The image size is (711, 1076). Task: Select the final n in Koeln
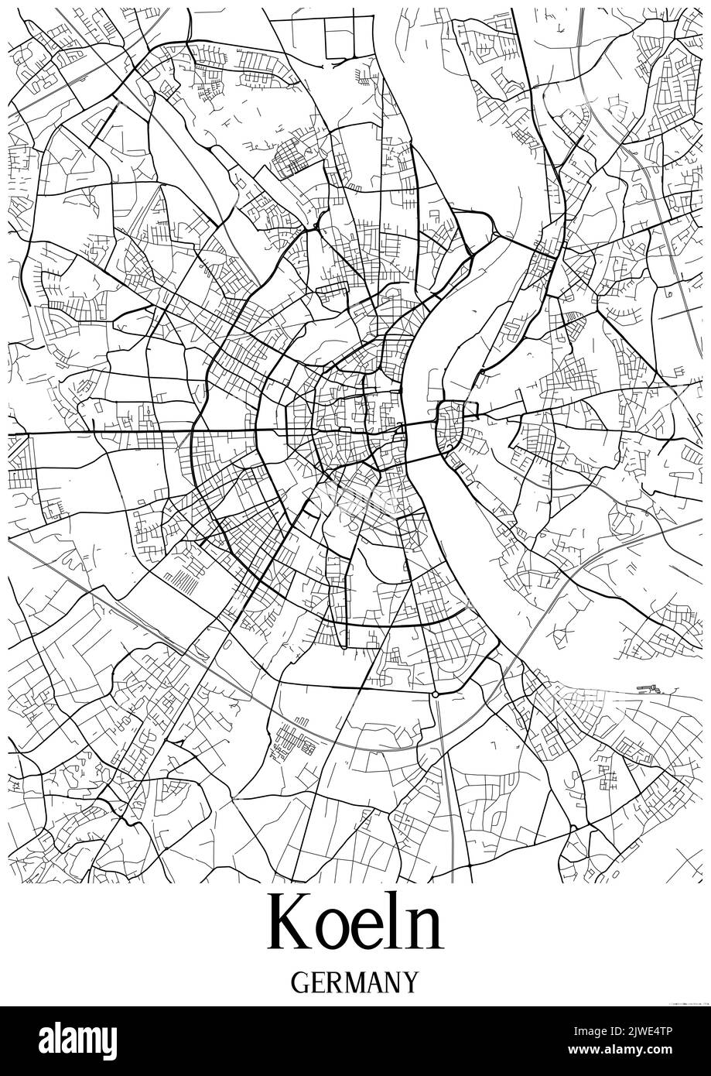coord(426,931)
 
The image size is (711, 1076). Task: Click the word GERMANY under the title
coord(355,982)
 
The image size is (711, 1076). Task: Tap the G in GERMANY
coord(301,982)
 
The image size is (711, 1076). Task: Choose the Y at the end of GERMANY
coord(410,982)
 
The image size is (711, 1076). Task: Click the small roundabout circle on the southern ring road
coord(436,694)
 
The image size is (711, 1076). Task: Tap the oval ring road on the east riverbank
coord(450,428)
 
